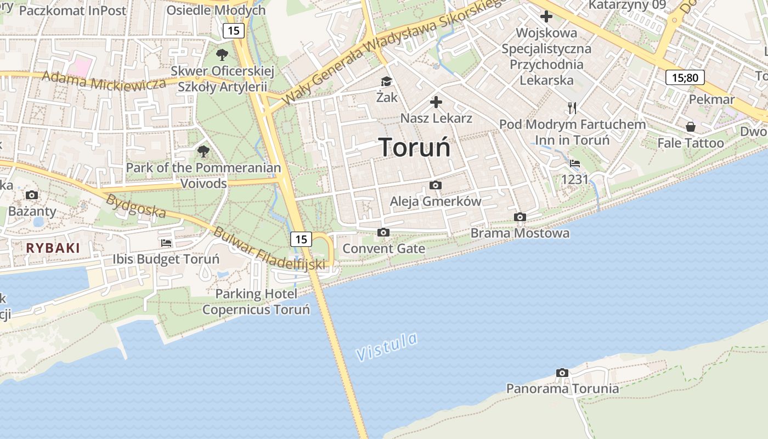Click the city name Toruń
(415, 147)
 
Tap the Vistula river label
(387, 346)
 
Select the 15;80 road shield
(685, 77)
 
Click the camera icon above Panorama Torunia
(562, 373)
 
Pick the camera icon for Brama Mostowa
(519, 217)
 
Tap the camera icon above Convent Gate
(383, 233)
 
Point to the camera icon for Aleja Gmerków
(435, 185)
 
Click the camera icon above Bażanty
(32, 195)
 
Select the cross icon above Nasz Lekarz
(436, 102)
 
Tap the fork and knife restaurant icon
(572, 108)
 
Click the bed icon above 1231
(575, 164)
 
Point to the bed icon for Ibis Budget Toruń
(166, 243)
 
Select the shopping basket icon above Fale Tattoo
(690, 127)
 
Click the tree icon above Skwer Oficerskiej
(222, 54)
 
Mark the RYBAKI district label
(53, 248)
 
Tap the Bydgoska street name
(135, 205)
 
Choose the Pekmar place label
(711, 99)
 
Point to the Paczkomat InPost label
(72, 10)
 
